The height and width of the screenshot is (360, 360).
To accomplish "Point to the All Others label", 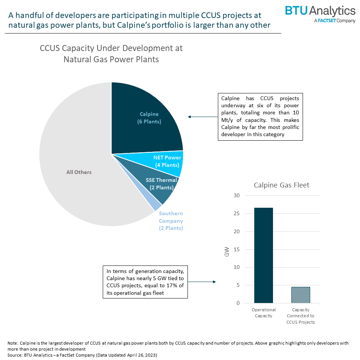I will coord(79,172).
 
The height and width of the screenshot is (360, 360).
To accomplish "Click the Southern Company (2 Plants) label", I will coord(171,221).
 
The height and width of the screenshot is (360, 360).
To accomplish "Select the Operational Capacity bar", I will coord(263,255).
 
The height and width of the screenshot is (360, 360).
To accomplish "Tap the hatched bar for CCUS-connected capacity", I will coord(300,295).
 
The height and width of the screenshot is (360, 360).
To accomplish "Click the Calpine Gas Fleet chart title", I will coord(281,185).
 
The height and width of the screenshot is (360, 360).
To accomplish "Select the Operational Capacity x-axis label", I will coord(263,313).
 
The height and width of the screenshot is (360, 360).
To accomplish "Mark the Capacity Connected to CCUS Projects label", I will coord(300,316).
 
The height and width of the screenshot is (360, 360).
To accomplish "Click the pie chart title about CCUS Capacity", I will coord(111,54).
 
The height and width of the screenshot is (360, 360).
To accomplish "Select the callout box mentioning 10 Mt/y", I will coord(260,117).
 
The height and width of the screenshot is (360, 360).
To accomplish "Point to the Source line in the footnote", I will coord(82,354).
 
